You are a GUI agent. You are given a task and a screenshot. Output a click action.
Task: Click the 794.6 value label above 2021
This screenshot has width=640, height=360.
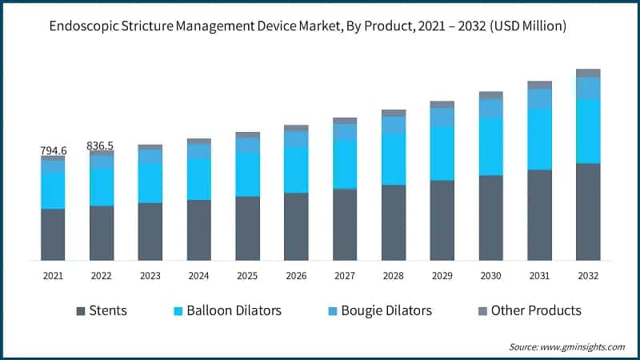click(54, 150)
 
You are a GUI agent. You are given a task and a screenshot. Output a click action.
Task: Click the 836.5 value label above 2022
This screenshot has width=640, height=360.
click(102, 146)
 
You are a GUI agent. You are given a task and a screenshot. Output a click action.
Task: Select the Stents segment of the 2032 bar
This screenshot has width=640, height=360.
click(588, 212)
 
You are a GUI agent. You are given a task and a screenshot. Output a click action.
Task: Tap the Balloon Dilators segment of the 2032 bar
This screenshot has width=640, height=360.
click(588, 131)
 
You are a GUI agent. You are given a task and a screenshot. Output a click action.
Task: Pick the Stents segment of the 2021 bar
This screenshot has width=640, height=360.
click(53, 234)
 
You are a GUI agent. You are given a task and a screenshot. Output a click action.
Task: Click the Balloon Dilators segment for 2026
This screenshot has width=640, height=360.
click(296, 170)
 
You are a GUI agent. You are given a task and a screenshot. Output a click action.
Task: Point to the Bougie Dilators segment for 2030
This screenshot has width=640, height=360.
click(490, 108)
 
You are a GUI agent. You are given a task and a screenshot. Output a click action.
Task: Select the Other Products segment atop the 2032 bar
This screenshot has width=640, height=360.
click(588, 73)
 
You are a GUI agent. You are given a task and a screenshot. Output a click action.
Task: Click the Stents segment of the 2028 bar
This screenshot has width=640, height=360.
click(394, 222)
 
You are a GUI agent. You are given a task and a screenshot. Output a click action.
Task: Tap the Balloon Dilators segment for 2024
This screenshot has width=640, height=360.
click(198, 178)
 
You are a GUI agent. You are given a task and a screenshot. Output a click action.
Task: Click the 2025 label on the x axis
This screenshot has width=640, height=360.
click(247, 275)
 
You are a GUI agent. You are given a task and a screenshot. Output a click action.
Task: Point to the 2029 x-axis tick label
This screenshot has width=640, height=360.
click(442, 275)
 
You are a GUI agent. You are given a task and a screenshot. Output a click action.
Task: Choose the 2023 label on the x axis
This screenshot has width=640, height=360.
click(150, 275)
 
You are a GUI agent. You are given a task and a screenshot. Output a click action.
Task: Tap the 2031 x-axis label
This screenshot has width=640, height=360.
click(539, 275)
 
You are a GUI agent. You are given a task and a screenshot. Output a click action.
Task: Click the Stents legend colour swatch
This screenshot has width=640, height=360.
click(81, 310)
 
